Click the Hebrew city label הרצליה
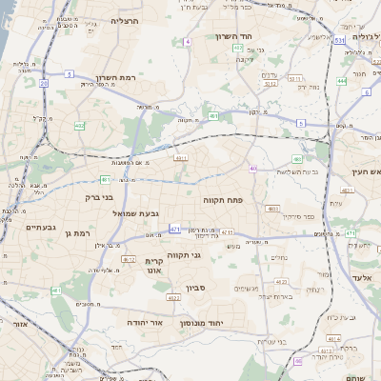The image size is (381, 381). (x=125, y=20)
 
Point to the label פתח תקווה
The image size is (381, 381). (x=225, y=201)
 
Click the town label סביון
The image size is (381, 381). (x=194, y=287)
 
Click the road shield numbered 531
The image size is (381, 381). (x=340, y=41)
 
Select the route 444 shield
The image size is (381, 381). (x=341, y=81)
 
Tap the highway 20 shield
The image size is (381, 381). (x=45, y=84)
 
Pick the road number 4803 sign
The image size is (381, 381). (x=273, y=208)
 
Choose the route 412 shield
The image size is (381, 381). (x=127, y=258)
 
